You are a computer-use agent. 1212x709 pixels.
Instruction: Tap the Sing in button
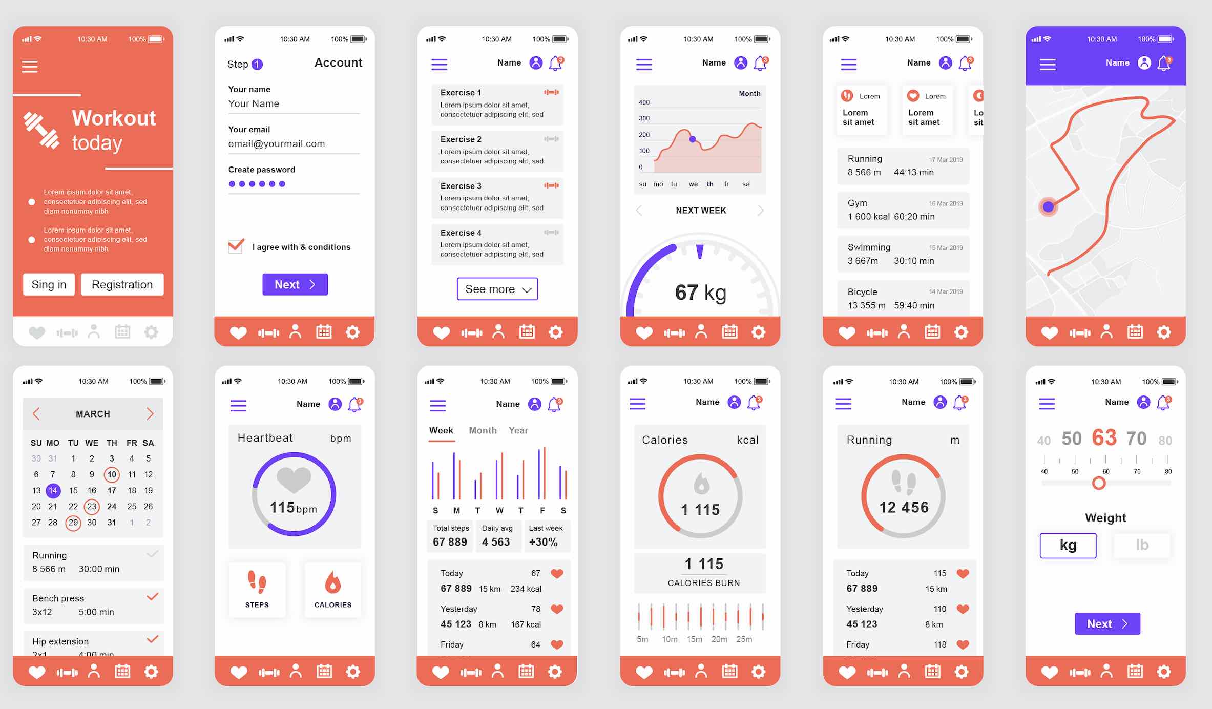click(x=49, y=284)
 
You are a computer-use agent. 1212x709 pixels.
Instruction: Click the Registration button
click(x=122, y=284)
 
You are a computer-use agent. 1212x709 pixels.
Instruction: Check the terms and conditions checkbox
click(x=236, y=246)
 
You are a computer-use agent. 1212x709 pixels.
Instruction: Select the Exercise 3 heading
click(x=461, y=186)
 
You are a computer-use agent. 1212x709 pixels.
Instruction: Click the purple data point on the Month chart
click(x=693, y=139)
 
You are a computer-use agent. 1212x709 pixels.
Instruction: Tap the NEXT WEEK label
click(x=701, y=211)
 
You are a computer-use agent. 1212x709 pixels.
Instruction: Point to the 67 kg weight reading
click(x=700, y=293)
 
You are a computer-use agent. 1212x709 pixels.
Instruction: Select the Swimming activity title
click(x=869, y=247)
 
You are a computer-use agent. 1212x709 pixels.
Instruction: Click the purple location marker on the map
click(x=1048, y=207)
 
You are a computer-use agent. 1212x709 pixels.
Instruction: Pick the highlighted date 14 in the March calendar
click(x=53, y=491)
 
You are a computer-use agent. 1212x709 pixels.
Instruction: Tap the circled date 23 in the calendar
click(x=92, y=507)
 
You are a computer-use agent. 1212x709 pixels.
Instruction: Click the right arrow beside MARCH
click(x=150, y=414)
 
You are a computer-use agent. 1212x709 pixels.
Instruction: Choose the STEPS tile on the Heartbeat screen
click(x=257, y=589)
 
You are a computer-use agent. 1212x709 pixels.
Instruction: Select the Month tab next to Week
click(x=483, y=430)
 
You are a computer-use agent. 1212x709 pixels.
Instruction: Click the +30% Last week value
click(x=543, y=542)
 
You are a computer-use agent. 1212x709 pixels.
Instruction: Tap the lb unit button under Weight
click(x=1142, y=545)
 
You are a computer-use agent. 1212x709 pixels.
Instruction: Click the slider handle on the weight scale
click(x=1098, y=483)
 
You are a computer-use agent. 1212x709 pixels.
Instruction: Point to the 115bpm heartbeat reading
click(x=293, y=508)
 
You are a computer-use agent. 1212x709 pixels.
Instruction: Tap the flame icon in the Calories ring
click(x=701, y=483)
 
